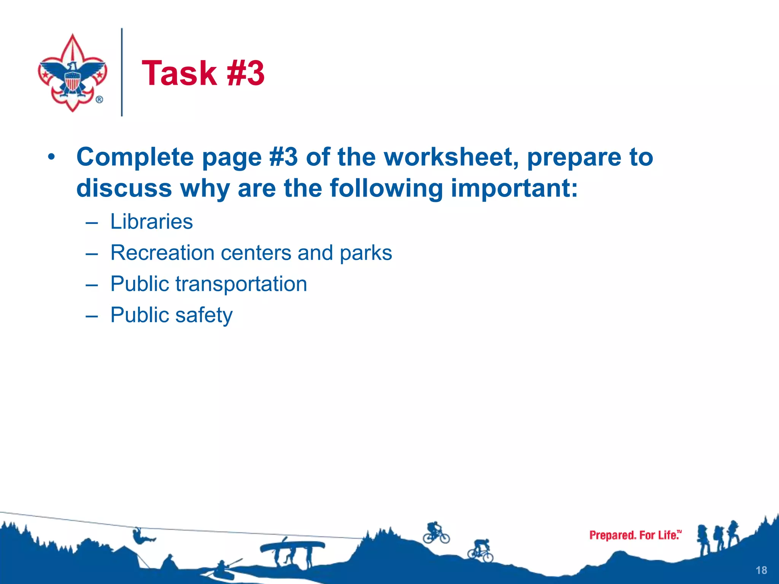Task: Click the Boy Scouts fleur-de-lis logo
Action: click(72, 72)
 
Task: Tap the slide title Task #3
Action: click(203, 73)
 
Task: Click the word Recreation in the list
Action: click(162, 253)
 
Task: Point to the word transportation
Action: click(241, 284)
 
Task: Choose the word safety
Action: click(203, 315)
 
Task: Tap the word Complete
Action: click(135, 157)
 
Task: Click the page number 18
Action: click(761, 570)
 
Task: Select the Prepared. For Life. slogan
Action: click(635, 535)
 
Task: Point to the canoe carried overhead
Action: click(292, 546)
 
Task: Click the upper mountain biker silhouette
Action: click(436, 533)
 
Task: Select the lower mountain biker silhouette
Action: click(481, 551)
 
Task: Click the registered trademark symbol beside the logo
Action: click(99, 100)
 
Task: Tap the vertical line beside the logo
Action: click(122, 72)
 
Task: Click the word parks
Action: click(366, 253)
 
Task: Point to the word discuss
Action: click(124, 188)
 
